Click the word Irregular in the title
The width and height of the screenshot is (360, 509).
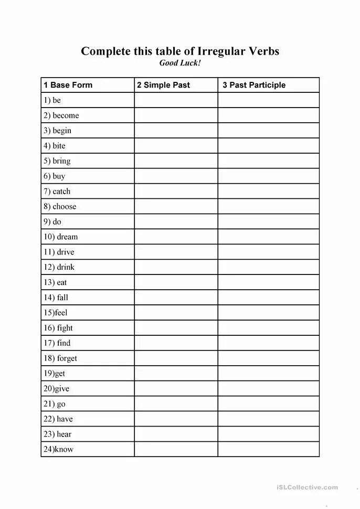(221, 51)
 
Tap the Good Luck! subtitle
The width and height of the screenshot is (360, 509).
(180, 63)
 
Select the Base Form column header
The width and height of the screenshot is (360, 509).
(68, 85)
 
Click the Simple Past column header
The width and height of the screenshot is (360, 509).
(163, 85)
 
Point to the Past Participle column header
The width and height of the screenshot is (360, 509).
(254, 85)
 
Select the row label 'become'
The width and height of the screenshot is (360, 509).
(61, 115)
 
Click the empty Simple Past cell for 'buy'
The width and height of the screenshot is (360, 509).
(176, 176)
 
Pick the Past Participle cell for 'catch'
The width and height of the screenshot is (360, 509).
(268, 192)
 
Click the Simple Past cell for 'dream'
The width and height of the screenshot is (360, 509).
(176, 237)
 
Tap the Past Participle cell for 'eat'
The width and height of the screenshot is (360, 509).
(268, 282)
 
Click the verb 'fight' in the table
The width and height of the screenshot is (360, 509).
(58, 328)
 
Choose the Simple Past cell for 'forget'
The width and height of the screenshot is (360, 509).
(176, 358)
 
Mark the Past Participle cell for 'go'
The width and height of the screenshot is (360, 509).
(268, 404)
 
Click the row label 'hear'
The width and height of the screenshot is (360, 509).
(58, 434)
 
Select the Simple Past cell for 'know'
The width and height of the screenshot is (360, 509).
(176, 450)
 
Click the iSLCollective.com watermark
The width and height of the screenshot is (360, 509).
(307, 487)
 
